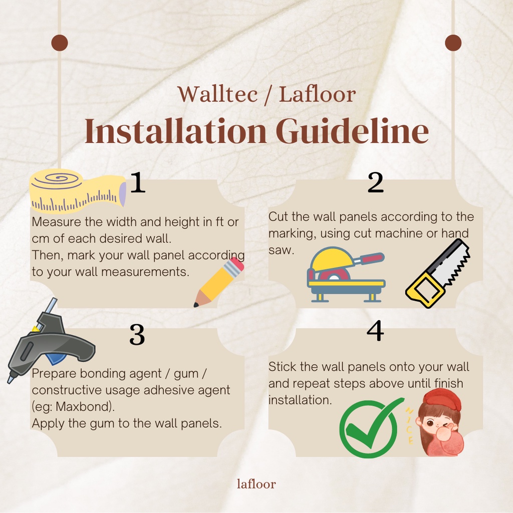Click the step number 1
(x=137, y=182)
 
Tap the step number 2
(x=375, y=182)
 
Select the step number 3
(x=137, y=334)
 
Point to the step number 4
(x=375, y=331)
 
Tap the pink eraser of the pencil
(x=236, y=264)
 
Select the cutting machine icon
(x=346, y=274)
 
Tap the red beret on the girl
(x=442, y=400)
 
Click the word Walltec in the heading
(x=217, y=94)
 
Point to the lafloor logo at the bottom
(x=256, y=484)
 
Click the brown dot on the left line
(x=60, y=43)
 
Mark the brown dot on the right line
(x=453, y=43)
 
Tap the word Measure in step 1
(x=56, y=222)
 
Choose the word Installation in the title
(x=176, y=131)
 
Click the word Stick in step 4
(x=283, y=367)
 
